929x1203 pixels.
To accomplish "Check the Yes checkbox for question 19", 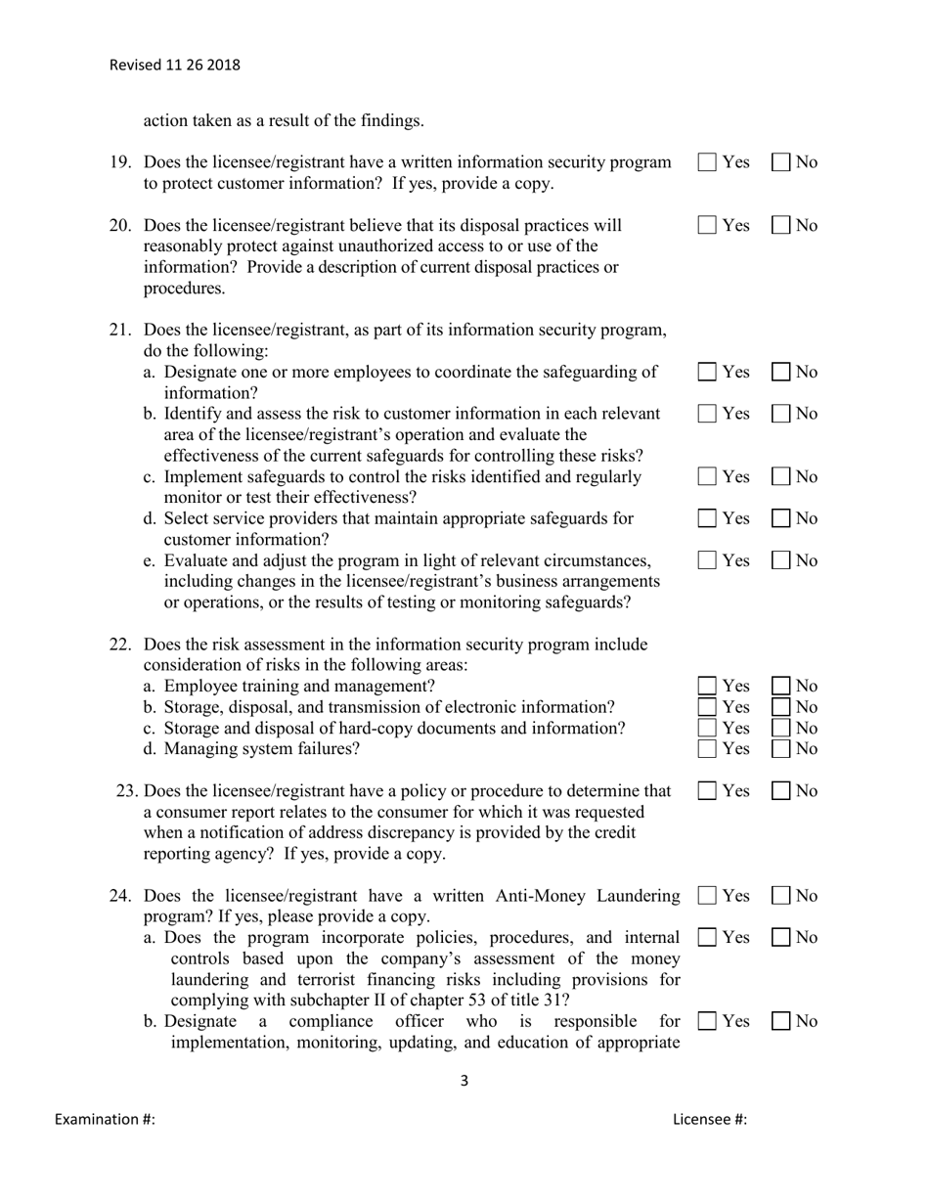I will [707, 163].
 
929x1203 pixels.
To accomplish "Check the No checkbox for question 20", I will [782, 226].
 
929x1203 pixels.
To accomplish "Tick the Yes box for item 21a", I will [707, 372].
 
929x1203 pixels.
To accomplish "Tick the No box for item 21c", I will [782, 477].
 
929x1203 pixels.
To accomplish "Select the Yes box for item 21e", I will [707, 560].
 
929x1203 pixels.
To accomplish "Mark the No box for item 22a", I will [782, 686].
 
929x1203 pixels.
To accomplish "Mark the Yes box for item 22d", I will [707, 749].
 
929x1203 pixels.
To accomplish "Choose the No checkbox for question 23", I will [782, 790].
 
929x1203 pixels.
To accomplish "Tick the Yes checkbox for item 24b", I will [707, 1021].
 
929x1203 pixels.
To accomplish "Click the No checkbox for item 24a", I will [782, 937].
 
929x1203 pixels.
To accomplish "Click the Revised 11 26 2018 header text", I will [174, 66].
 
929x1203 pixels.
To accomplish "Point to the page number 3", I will [464, 1081].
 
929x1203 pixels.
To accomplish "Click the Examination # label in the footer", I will [105, 1120].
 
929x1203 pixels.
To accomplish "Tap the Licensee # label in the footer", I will [710, 1120].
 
